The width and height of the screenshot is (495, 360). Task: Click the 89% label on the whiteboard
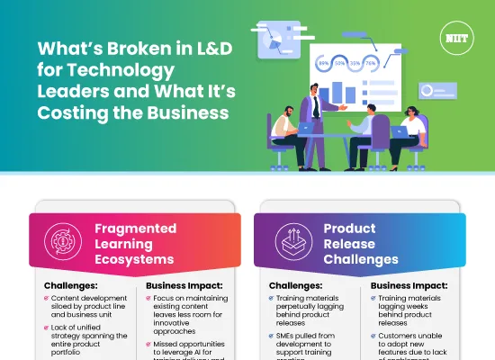coord(323,64)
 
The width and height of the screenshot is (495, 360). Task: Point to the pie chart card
coord(279,39)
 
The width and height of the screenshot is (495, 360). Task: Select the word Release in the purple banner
coord(348,244)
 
